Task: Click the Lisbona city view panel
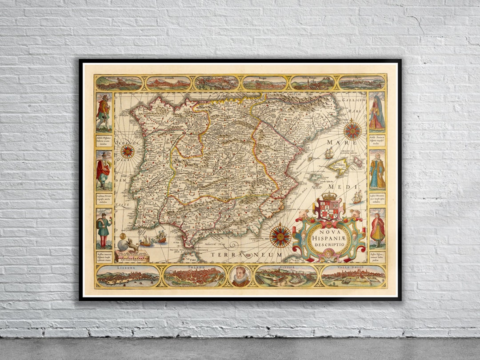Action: pyautogui.click(x=128, y=276)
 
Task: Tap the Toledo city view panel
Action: pyautogui.click(x=195, y=276)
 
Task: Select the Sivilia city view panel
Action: pyautogui.click(x=286, y=276)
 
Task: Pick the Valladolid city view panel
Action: pyautogui.click(x=353, y=276)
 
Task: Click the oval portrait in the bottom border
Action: pyautogui.click(x=240, y=276)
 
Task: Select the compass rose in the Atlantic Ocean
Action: pyautogui.click(x=128, y=151)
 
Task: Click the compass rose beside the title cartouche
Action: pyautogui.click(x=280, y=236)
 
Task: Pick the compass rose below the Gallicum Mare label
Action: pyautogui.click(x=352, y=130)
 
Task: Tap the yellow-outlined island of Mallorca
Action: pyautogui.click(x=338, y=166)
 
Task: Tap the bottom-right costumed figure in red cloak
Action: pyautogui.click(x=377, y=229)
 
